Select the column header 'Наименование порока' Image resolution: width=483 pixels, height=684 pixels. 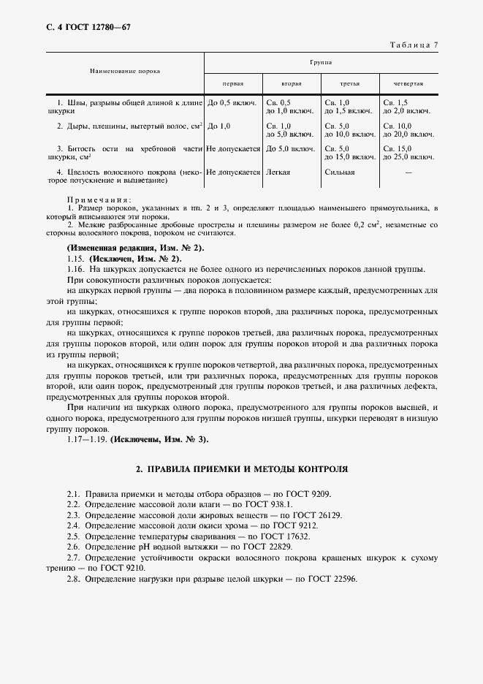(x=125, y=71)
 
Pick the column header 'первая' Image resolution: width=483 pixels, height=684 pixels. (x=233, y=84)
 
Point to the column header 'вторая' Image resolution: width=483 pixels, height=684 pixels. (x=292, y=84)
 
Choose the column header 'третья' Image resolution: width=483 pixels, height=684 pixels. (x=350, y=84)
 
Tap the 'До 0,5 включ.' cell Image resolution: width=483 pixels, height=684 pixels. (x=232, y=103)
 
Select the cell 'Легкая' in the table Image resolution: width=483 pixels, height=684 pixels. (x=278, y=172)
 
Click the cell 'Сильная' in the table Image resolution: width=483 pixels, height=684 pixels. (x=340, y=172)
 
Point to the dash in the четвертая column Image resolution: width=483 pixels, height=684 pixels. (x=408, y=172)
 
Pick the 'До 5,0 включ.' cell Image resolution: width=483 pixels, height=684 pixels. (x=291, y=149)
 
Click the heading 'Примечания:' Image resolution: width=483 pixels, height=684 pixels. (x=99, y=199)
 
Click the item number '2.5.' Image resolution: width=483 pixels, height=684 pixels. (x=73, y=536)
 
